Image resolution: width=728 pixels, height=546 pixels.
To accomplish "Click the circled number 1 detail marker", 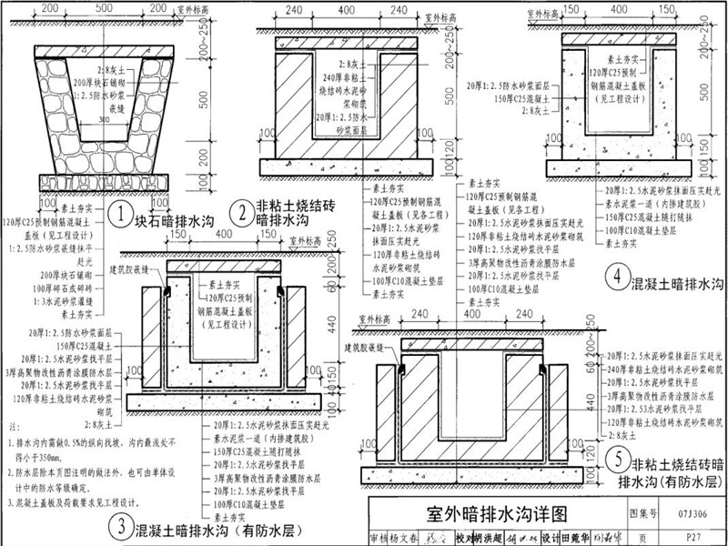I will pos(120,217).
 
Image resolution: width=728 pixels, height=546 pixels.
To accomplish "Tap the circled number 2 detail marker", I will pos(241,213).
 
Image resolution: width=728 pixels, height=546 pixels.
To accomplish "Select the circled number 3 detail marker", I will pos(119,524).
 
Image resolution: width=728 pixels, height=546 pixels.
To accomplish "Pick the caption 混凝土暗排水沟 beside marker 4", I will pos(678,284).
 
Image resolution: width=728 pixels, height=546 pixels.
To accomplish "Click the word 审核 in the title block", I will pos(381,536).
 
